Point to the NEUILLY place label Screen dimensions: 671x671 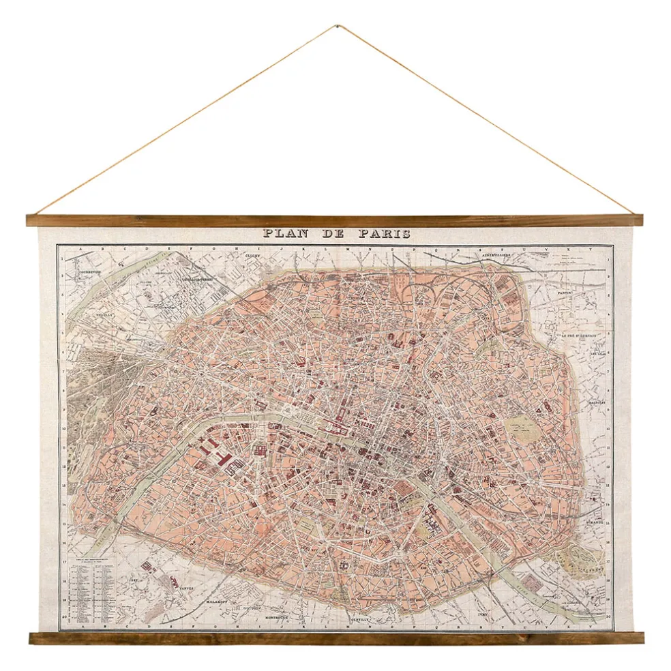click(x=104, y=315)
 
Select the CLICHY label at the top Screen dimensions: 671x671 click(x=254, y=257)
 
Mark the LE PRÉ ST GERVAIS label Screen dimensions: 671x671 click(x=579, y=335)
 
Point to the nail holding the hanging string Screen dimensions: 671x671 click(x=336, y=27)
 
